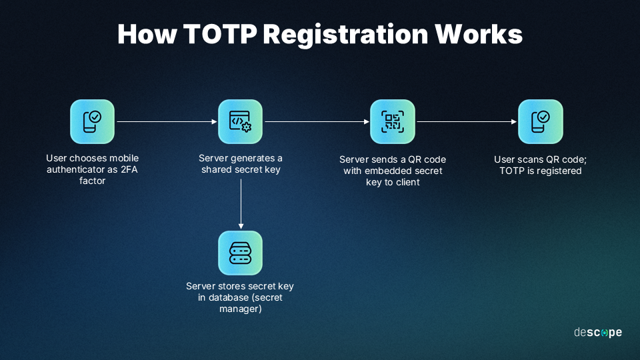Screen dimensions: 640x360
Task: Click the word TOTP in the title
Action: (219, 34)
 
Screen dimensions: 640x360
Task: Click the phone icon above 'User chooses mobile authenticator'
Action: (92, 121)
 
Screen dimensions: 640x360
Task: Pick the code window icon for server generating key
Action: (241, 121)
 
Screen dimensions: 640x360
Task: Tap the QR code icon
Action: (393, 121)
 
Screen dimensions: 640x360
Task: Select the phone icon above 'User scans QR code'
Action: (541, 121)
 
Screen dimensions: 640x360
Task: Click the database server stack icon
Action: (241, 253)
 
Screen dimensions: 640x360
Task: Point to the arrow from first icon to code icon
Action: (167, 121)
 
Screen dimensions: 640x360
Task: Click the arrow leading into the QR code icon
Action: (317, 121)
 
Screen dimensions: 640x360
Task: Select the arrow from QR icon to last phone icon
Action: (467, 121)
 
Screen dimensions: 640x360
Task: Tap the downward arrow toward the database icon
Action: (241, 204)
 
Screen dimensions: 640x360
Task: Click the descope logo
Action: (598, 333)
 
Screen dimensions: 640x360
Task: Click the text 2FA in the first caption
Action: (129, 169)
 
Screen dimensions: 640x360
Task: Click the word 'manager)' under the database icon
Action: (241, 309)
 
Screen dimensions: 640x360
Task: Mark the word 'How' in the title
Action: (147, 34)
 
